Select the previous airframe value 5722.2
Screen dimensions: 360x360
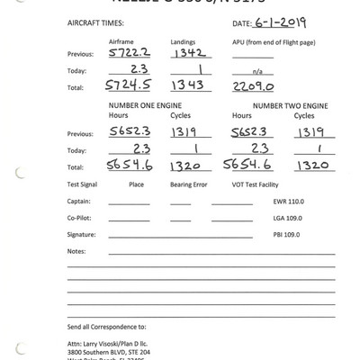coord(127,54)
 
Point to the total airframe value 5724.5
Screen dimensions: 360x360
coord(127,85)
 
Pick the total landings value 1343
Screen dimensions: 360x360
coord(187,85)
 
